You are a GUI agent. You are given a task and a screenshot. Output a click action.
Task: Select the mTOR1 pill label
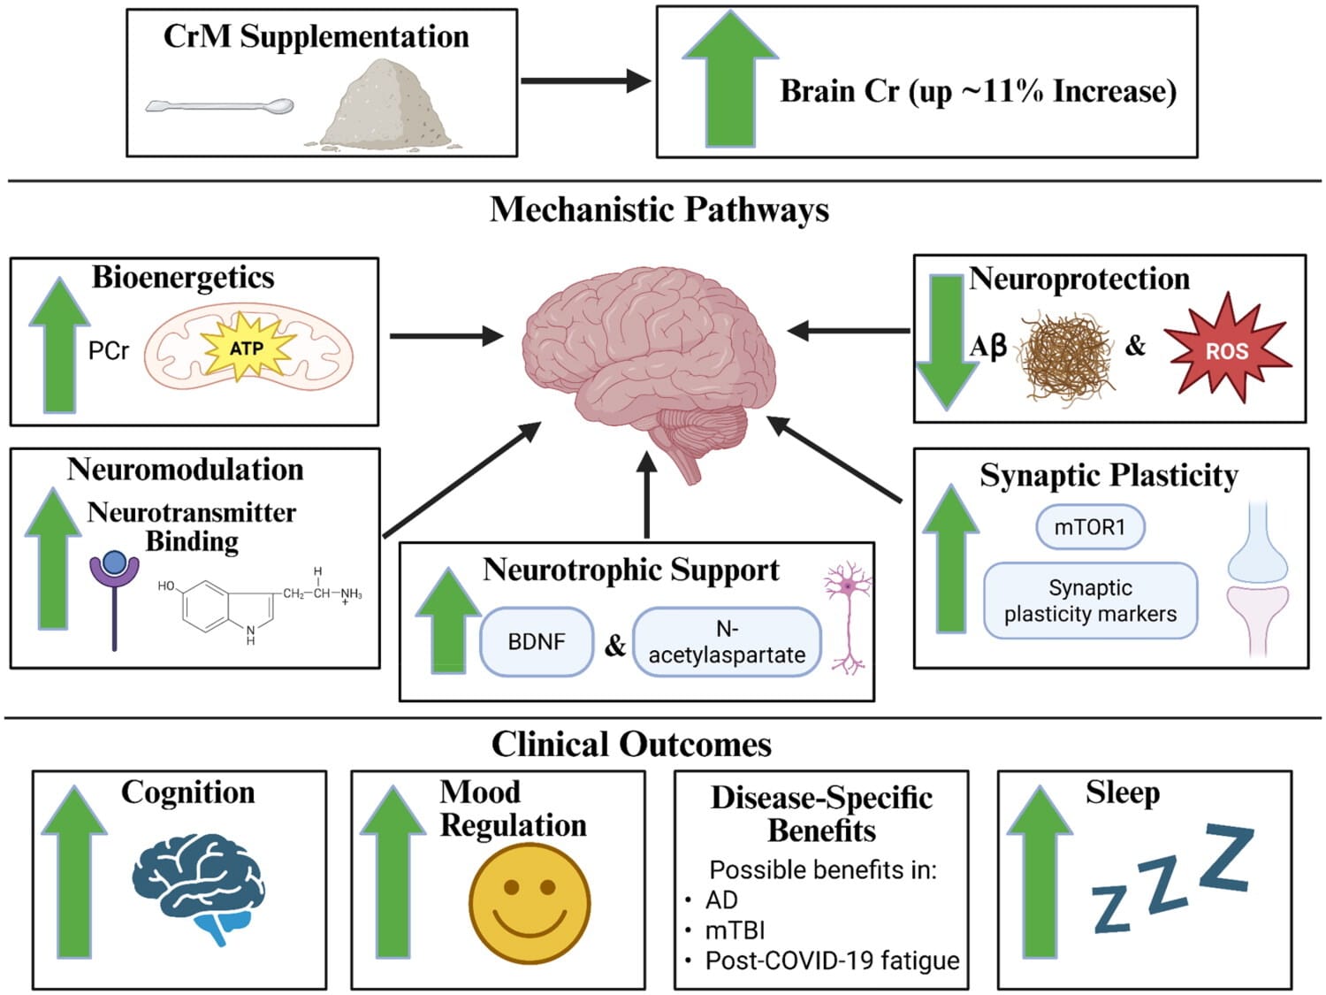[1090, 527]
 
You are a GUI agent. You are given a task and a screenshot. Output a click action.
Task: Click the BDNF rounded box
[537, 641]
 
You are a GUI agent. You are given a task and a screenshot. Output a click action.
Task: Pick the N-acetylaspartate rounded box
[727, 641]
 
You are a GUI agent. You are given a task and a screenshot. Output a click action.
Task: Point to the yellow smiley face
[530, 902]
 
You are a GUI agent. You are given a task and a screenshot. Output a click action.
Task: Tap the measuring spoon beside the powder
[219, 106]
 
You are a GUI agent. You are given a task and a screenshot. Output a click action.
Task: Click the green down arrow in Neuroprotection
[947, 342]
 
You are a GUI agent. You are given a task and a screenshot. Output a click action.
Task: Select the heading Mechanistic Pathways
[659, 210]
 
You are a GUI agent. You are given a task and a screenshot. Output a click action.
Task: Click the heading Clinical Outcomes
[631, 744]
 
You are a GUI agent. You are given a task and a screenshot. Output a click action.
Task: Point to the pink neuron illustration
[848, 616]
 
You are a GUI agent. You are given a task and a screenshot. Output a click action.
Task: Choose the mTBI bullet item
[735, 930]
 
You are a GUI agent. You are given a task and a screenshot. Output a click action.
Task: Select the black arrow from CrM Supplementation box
[585, 80]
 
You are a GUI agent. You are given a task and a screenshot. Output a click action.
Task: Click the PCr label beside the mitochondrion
[109, 350]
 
